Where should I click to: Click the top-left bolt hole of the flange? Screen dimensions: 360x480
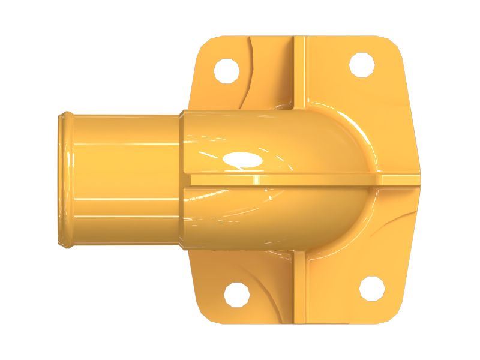coord(227,70)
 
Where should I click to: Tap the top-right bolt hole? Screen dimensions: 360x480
coord(362,65)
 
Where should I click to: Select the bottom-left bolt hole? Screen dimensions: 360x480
coord(236,294)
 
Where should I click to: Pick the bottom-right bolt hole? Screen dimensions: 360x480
coord(372,287)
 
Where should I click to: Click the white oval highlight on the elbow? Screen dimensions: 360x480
coord(241,159)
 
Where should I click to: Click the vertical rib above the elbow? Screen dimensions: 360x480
coord(299,72)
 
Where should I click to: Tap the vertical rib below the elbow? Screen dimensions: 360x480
coord(300,288)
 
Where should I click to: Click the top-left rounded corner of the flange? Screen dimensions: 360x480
coord(207,45)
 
